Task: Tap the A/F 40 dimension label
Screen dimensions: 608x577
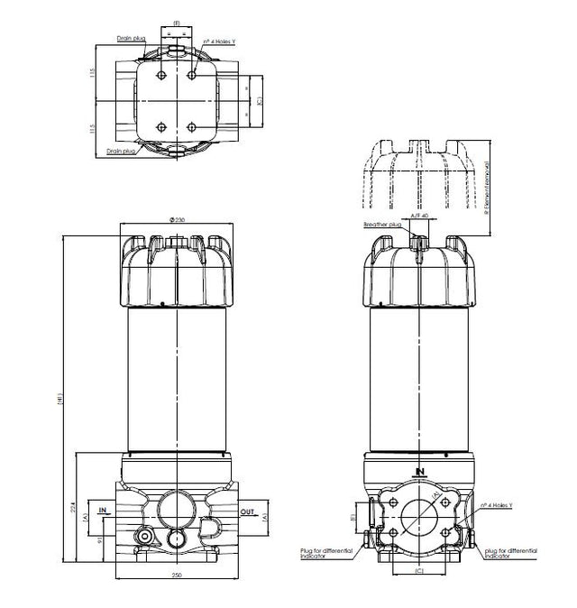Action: (418, 216)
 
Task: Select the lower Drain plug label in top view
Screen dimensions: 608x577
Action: (120, 152)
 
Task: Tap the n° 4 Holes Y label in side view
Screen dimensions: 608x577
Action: (498, 505)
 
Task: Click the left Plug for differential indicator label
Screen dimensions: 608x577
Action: (320, 551)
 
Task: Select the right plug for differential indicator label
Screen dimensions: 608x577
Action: (510, 551)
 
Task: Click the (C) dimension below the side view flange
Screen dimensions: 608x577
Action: (418, 572)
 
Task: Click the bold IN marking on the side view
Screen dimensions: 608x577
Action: (419, 471)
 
